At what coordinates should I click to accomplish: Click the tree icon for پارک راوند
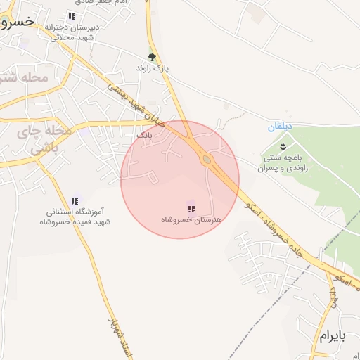click(152, 58)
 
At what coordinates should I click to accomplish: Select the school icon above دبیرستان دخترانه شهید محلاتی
click(72, 16)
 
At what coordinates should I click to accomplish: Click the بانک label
click(143, 133)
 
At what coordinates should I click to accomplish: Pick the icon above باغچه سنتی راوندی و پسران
click(283, 146)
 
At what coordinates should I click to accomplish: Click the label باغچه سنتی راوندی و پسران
click(282, 163)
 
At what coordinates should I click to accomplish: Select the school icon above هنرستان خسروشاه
click(191, 207)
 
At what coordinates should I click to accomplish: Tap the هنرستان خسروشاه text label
click(191, 220)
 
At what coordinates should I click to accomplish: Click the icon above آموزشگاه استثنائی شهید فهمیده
click(75, 201)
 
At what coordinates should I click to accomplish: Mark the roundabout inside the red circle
click(206, 160)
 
